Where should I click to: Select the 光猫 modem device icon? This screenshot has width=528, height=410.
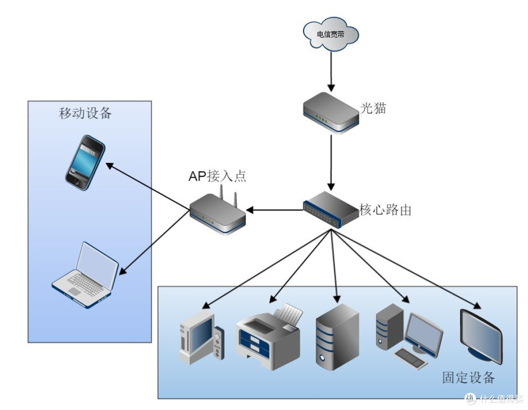click(x=330, y=113)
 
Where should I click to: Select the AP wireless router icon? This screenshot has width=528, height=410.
click(x=218, y=212)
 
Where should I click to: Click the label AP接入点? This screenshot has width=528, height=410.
click(x=217, y=176)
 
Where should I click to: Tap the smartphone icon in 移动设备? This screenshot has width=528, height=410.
click(x=86, y=162)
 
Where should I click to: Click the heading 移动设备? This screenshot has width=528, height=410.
click(x=86, y=114)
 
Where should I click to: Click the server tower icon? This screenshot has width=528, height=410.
click(x=337, y=337)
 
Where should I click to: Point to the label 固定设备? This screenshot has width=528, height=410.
click(x=468, y=377)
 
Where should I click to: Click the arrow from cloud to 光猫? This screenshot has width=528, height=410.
click(x=331, y=70)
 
